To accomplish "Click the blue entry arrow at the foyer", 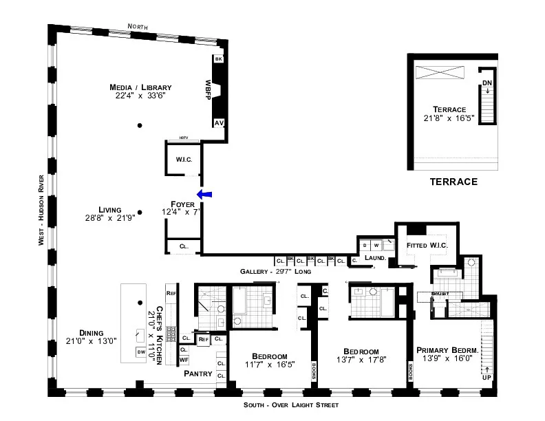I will (x=204, y=195).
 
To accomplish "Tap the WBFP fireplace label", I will (x=207, y=90).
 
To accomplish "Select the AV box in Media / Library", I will (x=219, y=123).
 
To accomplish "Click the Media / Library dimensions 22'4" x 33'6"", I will (x=140, y=96).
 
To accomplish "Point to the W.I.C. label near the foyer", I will (x=183, y=160).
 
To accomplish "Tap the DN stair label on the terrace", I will (x=487, y=83).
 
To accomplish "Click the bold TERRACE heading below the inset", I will (x=453, y=182).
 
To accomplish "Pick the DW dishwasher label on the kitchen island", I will (x=141, y=352).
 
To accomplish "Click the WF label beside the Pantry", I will (x=184, y=360).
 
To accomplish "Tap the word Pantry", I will (x=197, y=374).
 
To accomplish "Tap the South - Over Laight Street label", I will (x=292, y=405).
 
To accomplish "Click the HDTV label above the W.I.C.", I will (x=183, y=138).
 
